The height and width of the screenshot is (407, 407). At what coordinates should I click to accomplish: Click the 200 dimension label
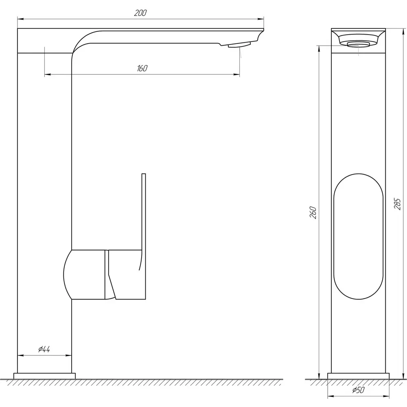[x=140, y=13]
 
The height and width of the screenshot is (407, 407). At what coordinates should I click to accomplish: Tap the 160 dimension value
[x=142, y=68]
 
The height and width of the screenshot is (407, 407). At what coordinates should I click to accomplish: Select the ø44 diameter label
[x=44, y=349]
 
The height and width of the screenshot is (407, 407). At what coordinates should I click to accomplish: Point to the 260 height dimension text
[x=313, y=212]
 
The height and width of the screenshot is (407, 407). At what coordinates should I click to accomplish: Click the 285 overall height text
[x=397, y=204]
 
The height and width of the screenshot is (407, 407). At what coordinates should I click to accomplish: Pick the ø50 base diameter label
[x=359, y=390]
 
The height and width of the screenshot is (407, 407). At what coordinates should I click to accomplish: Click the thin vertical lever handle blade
[x=144, y=236]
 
